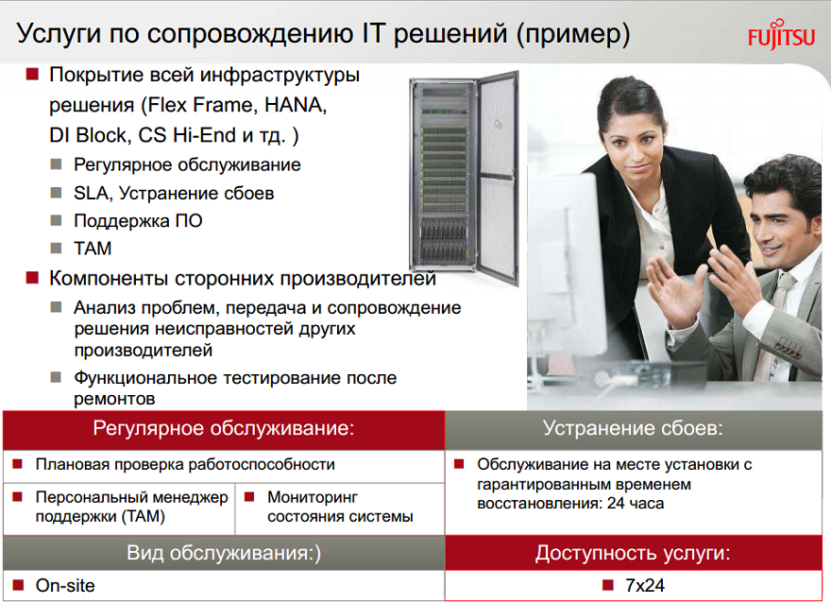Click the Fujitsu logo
pos(781,35)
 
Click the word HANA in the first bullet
pos(296,105)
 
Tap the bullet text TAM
pos(93,249)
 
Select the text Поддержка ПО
pos(138,220)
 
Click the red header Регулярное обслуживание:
pos(224,428)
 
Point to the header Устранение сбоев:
pos(633,428)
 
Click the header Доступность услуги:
pos(633,553)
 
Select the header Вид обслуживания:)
pos(224,553)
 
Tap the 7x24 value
pos(644,585)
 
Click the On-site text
pos(65,585)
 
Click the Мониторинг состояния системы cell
pos(340,507)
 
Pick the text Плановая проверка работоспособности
pos(185,465)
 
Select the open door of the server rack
pos(498,179)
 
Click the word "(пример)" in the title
pos(573,34)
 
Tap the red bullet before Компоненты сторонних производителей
pos(32,277)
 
